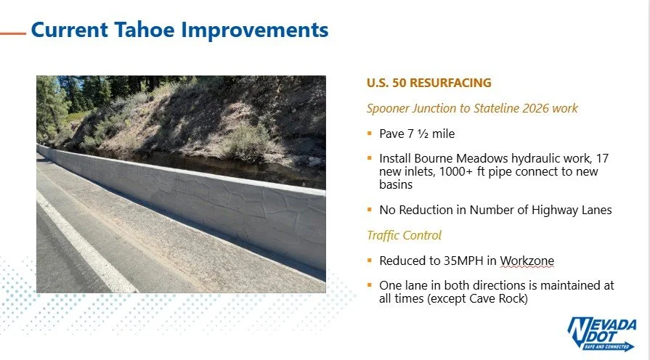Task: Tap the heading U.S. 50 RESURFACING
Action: (x=428, y=83)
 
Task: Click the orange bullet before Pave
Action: (x=370, y=134)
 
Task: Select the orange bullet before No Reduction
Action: (x=370, y=210)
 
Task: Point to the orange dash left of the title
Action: (x=12, y=33)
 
